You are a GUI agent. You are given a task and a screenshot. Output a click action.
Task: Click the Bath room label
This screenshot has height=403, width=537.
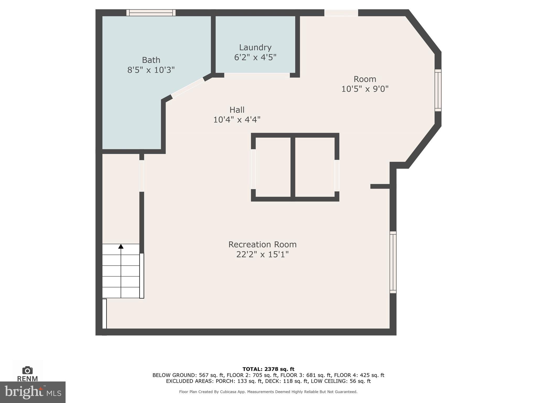(x=151, y=60)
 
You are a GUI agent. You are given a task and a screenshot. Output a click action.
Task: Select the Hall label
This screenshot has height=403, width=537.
(x=237, y=110)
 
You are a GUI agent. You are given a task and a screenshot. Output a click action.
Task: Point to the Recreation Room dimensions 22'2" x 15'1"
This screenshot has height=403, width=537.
(x=262, y=254)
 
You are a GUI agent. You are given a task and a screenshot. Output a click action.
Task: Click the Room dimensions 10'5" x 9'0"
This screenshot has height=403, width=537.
(x=364, y=89)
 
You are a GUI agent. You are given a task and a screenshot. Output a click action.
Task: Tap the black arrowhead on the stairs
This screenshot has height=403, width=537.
(x=121, y=246)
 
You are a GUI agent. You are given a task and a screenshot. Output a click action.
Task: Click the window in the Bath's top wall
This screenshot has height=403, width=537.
(x=151, y=13)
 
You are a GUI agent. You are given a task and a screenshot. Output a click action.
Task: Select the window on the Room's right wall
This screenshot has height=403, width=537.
(x=438, y=90)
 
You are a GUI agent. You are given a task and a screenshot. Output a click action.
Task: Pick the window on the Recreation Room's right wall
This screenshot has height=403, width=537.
(x=393, y=262)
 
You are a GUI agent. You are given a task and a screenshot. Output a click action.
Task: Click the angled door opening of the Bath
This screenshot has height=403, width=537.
(x=187, y=88)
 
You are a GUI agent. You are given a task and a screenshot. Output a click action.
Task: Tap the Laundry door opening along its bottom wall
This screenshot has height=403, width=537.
(x=257, y=75)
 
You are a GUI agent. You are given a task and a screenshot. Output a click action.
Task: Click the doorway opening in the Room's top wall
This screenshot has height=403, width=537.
(x=341, y=13)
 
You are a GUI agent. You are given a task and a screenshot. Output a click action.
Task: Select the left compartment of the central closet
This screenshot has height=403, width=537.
(x=273, y=167)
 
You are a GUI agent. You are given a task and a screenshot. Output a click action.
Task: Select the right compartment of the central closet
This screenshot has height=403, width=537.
(x=315, y=167)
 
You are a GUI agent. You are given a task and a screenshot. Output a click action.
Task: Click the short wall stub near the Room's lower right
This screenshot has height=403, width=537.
(x=380, y=186)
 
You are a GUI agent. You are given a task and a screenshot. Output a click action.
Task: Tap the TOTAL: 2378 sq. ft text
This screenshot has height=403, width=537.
(x=268, y=369)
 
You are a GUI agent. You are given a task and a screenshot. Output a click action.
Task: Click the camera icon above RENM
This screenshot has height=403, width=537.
(x=27, y=370)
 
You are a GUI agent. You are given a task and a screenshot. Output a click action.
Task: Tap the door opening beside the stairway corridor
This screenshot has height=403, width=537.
(x=142, y=176)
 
